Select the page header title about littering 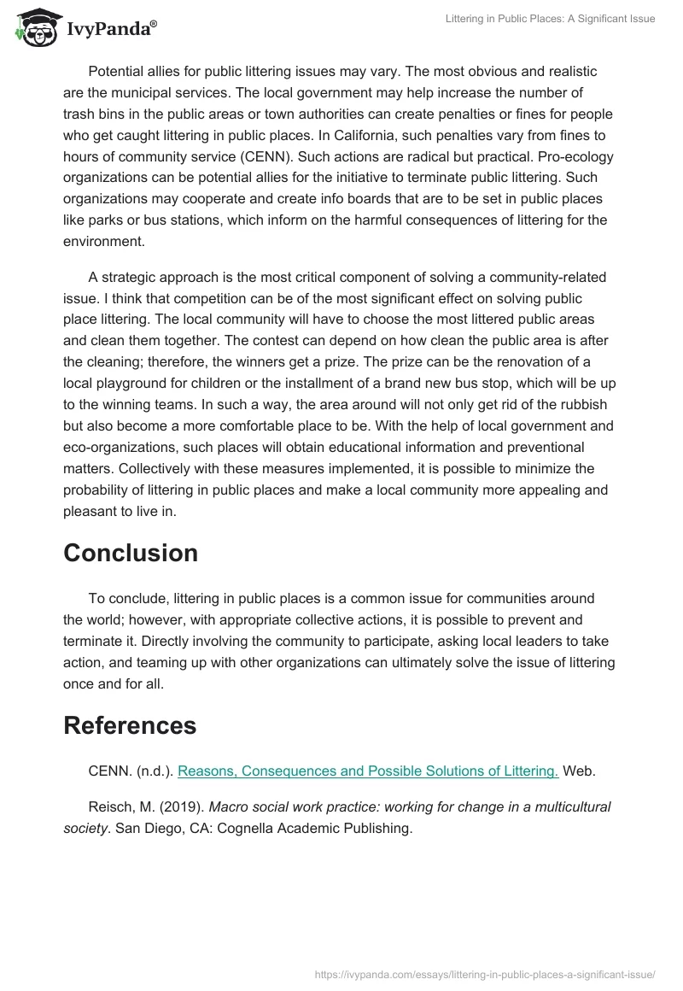click(551, 19)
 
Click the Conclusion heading click(131, 553)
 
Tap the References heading click(130, 725)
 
